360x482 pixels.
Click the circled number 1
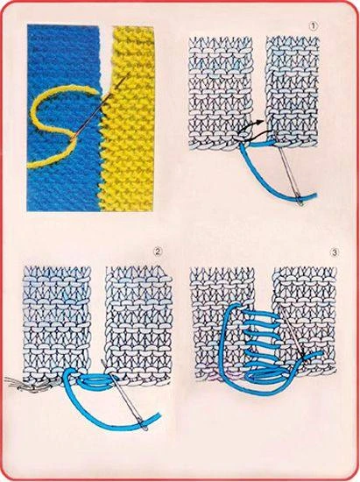click(x=313, y=26)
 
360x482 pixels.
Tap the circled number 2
click(x=158, y=252)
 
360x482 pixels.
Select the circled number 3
click(x=335, y=252)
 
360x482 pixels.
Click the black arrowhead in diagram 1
click(x=261, y=122)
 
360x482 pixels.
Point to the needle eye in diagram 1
click(x=300, y=202)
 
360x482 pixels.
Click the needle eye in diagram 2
click(x=144, y=425)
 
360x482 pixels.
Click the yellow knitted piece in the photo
click(x=129, y=120)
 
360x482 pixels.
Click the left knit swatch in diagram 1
click(x=220, y=92)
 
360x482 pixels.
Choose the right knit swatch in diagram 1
click(x=293, y=90)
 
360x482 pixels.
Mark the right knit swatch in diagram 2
click(x=138, y=325)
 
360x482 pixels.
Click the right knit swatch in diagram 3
click(x=306, y=320)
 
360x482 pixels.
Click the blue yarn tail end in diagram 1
click(x=315, y=195)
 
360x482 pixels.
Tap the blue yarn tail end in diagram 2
click(x=159, y=415)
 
